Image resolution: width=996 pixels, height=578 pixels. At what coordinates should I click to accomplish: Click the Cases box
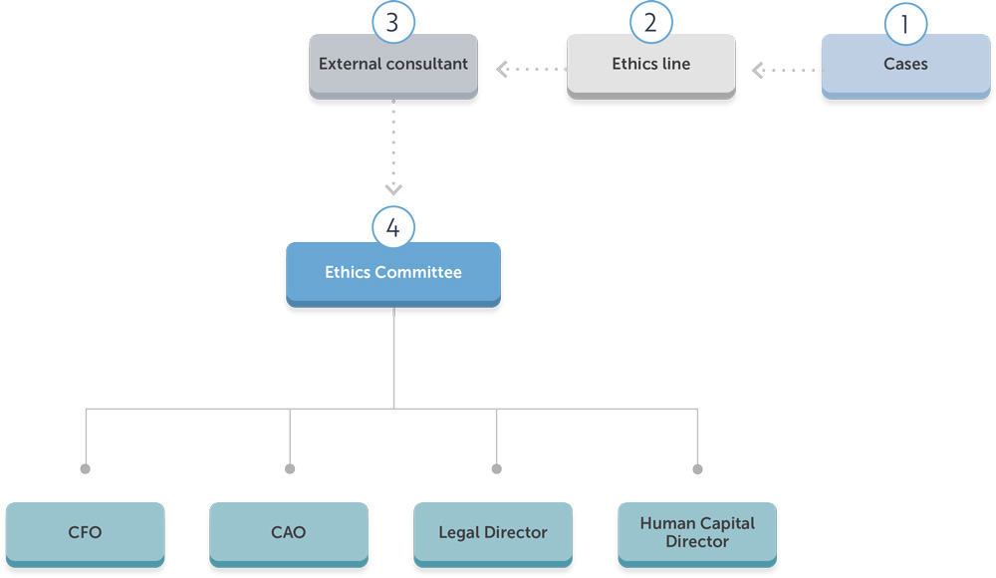point(905,65)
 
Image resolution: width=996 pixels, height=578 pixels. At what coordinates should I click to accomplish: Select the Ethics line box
point(650,65)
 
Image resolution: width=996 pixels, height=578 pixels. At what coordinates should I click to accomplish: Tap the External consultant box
point(393,65)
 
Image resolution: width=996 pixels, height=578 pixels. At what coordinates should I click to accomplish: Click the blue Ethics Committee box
point(393,273)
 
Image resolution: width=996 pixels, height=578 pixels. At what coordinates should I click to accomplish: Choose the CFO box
point(85,533)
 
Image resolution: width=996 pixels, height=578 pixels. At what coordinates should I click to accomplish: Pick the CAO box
point(289,533)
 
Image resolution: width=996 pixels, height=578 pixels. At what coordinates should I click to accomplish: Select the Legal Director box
point(493,533)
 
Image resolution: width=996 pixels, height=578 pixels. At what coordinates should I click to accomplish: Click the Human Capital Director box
point(697,533)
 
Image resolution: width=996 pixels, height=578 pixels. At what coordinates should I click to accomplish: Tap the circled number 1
point(905,24)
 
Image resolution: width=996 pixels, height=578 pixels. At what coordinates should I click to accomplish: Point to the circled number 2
point(650,23)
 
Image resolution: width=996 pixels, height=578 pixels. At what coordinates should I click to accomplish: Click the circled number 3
point(392,23)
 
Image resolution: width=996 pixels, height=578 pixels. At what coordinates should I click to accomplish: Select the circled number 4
point(393,228)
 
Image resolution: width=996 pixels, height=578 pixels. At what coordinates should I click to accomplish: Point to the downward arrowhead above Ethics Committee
point(393,188)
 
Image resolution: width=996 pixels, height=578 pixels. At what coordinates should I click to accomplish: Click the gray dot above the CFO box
point(86,468)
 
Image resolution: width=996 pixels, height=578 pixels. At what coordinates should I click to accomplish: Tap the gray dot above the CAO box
point(290,468)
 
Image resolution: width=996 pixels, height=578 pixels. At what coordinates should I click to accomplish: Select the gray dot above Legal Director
point(497,468)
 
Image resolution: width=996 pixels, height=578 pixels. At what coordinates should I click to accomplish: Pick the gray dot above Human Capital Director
point(697,468)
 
